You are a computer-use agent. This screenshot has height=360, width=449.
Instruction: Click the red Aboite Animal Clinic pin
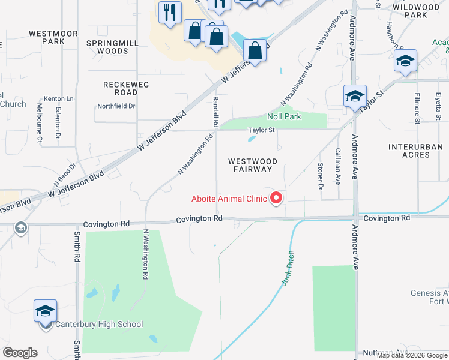coord(277,197)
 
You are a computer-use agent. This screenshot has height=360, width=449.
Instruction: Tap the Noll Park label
coord(284,116)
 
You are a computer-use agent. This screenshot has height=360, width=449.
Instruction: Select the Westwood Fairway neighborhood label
coord(252,165)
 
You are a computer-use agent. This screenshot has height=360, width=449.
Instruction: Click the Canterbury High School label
coord(99,325)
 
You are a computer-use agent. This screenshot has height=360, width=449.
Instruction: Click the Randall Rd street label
coord(215,111)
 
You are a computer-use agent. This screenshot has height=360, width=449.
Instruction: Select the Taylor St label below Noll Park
coord(262,130)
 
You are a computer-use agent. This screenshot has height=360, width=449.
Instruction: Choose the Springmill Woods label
coord(107,47)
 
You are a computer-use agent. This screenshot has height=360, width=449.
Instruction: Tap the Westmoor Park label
coord(46,37)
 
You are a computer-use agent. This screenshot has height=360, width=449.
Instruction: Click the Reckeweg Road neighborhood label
coord(126,89)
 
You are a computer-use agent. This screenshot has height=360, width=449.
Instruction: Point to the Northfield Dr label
coord(116,106)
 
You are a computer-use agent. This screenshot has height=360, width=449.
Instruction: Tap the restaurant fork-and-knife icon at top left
coord(169,12)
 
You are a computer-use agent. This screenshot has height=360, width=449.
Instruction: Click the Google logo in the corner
coord(20,353)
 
